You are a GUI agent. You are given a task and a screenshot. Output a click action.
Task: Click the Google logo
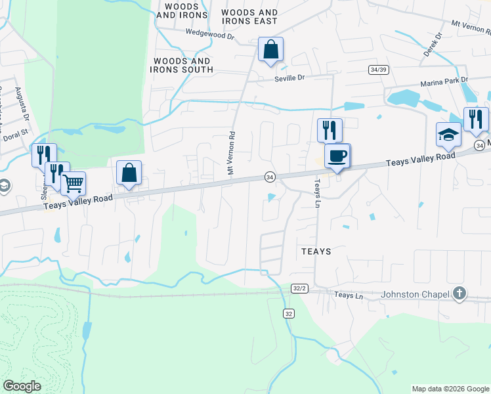click(x=22, y=386)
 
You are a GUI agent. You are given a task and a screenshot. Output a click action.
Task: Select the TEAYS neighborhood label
click(x=316, y=252)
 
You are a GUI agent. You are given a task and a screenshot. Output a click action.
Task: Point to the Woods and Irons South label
click(x=182, y=65)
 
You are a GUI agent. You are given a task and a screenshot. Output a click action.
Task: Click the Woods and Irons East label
click(x=249, y=17)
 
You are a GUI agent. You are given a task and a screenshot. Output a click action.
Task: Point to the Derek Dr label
click(x=433, y=44)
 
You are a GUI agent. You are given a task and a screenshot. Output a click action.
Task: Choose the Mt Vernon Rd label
click(x=231, y=152)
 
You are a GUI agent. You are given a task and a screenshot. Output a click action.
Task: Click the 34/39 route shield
click(x=379, y=70)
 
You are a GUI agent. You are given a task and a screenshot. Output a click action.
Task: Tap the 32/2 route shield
click(x=300, y=288)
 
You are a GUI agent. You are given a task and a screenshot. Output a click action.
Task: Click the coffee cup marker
click(x=337, y=156)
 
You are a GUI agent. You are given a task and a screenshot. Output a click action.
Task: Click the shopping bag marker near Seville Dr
click(x=270, y=49)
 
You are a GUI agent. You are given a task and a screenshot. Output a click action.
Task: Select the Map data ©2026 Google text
click(x=450, y=389)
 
